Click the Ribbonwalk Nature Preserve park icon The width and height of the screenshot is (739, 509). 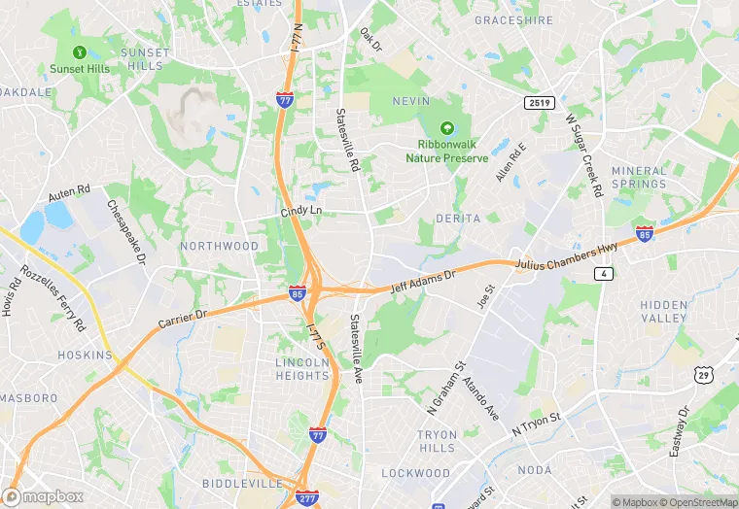coord(447,128)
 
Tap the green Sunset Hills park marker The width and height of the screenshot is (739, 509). coord(80,52)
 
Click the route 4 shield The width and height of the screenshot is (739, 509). coord(606,275)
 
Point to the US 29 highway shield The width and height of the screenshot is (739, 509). coord(704,374)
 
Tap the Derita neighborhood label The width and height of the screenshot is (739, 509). coord(459,219)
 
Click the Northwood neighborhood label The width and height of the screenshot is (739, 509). coord(219,246)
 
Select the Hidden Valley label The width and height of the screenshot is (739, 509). coord(664,312)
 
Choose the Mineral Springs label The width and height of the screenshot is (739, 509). coord(639,177)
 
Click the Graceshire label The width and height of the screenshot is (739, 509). coord(513,19)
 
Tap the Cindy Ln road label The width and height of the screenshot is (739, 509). coord(300,211)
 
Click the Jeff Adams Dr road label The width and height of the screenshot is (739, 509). coord(423,283)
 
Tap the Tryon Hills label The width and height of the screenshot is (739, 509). coord(437,441)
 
